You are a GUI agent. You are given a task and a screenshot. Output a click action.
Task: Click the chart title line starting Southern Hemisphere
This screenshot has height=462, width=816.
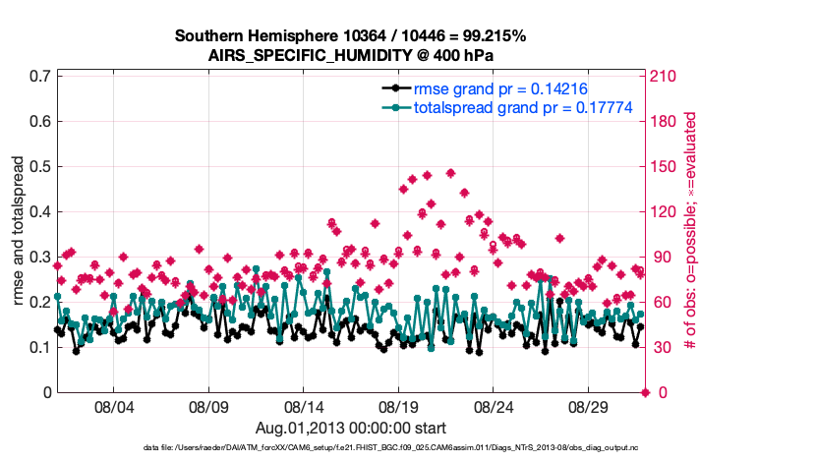pyautogui.click(x=350, y=36)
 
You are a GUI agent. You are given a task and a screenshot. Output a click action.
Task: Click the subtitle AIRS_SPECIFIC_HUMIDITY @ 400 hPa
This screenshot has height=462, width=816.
pyautogui.click(x=350, y=55)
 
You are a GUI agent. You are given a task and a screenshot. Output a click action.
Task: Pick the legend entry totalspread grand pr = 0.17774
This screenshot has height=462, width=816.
pyautogui.click(x=522, y=107)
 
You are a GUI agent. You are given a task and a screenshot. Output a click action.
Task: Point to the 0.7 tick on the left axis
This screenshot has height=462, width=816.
pyautogui.click(x=40, y=76)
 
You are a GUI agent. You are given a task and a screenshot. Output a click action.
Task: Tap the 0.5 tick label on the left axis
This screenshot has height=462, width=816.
pyautogui.click(x=40, y=166)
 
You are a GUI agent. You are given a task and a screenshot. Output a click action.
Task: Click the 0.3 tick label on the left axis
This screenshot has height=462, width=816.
pyautogui.click(x=40, y=257)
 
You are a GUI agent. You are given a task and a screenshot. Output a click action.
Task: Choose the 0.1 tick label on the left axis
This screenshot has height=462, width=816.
pyautogui.click(x=40, y=347)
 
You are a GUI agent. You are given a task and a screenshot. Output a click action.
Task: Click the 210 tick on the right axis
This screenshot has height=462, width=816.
pyautogui.click(x=665, y=76)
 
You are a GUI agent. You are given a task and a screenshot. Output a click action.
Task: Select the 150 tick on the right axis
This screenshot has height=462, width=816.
pyautogui.click(x=665, y=166)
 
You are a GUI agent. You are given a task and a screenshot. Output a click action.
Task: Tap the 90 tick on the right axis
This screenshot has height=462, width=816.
pyautogui.click(x=661, y=257)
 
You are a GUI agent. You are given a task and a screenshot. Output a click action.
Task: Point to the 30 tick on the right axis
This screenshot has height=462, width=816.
pyautogui.click(x=661, y=347)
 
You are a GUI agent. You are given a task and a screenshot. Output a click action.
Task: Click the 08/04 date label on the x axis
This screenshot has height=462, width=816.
pyautogui.click(x=113, y=406)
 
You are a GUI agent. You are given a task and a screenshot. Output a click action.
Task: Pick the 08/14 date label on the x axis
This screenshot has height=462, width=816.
pyautogui.click(x=304, y=406)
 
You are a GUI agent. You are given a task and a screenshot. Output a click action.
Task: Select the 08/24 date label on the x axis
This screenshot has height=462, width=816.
pyautogui.click(x=495, y=406)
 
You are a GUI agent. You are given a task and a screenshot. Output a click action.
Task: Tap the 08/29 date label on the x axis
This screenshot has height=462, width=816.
pyautogui.click(x=590, y=406)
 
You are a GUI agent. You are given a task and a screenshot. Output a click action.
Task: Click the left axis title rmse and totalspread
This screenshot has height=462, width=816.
pyautogui.click(x=19, y=234)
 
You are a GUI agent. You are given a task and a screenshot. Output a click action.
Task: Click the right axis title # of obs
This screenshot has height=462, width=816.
pyautogui.click(x=691, y=234)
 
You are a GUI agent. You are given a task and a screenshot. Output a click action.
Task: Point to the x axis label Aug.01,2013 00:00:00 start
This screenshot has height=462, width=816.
pyautogui.click(x=351, y=428)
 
